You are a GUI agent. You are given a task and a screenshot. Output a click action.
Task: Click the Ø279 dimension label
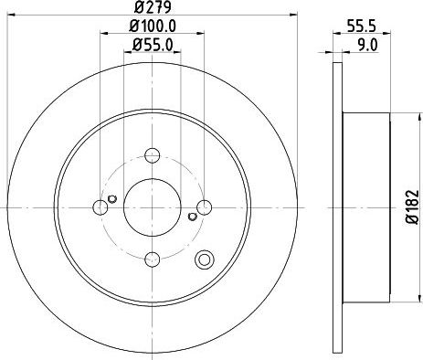click(153, 7)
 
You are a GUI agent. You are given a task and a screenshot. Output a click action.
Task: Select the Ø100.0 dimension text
click(153, 26)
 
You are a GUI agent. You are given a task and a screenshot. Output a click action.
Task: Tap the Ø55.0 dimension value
click(153, 46)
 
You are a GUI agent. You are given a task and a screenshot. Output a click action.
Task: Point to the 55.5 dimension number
click(362, 26)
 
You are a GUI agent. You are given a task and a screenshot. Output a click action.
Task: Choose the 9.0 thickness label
click(367, 46)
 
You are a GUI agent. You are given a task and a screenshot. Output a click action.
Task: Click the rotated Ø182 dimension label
click(413, 207)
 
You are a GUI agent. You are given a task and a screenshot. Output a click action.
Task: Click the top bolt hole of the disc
click(153, 155)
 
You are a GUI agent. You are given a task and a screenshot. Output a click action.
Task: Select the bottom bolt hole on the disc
click(153, 259)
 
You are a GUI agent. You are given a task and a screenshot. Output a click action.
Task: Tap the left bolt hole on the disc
click(100, 207)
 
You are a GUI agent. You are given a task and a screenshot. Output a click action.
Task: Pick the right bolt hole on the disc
click(205, 207)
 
